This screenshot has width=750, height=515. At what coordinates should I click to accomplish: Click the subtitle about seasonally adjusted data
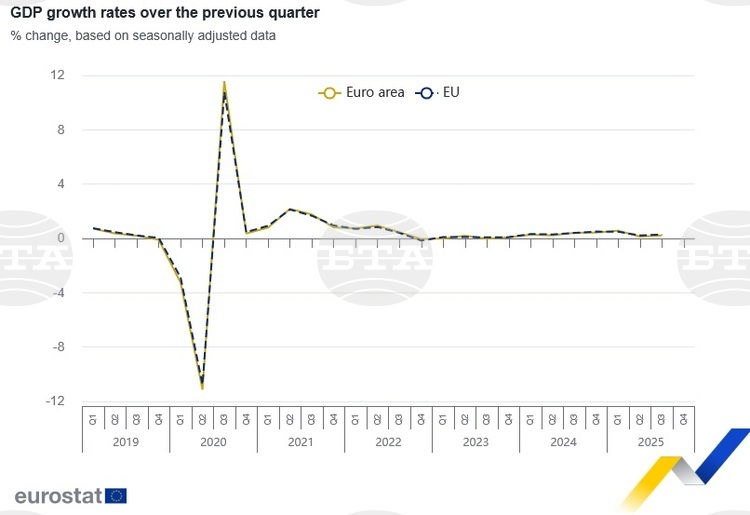pyautogui.click(x=143, y=37)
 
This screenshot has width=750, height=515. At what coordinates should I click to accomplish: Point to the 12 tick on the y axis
pyautogui.click(x=58, y=76)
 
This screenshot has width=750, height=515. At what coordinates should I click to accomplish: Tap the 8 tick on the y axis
pyautogui.click(x=61, y=130)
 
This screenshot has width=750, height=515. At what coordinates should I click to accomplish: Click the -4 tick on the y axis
pyautogui.click(x=58, y=293)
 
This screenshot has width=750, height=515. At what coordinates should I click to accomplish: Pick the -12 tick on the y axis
pyautogui.click(x=56, y=401)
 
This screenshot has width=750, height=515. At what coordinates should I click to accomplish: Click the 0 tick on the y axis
pyautogui.click(x=61, y=238)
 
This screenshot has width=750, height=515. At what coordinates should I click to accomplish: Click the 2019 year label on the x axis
pyautogui.click(x=126, y=441)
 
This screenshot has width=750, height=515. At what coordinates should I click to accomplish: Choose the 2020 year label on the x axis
pyautogui.click(x=213, y=441)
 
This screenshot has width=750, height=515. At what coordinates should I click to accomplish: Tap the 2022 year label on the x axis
pyautogui.click(x=388, y=441)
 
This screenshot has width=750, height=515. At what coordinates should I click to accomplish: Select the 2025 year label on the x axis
pyautogui.click(x=650, y=441)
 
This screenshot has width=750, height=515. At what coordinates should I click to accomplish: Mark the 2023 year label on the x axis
pyautogui.click(x=475, y=441)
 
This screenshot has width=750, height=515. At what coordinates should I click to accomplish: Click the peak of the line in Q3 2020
pyautogui.click(x=224, y=84)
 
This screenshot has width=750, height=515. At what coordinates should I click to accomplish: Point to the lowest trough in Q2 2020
pyautogui.click(x=202, y=386)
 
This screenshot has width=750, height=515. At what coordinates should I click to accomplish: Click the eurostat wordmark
pyautogui.click(x=58, y=495)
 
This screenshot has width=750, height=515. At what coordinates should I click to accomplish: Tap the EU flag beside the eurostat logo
pyautogui.click(x=116, y=495)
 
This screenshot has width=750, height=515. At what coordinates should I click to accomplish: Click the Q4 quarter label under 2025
pyautogui.click(x=683, y=418)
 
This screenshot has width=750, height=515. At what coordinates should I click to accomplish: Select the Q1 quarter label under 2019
pyautogui.click(x=93, y=418)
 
